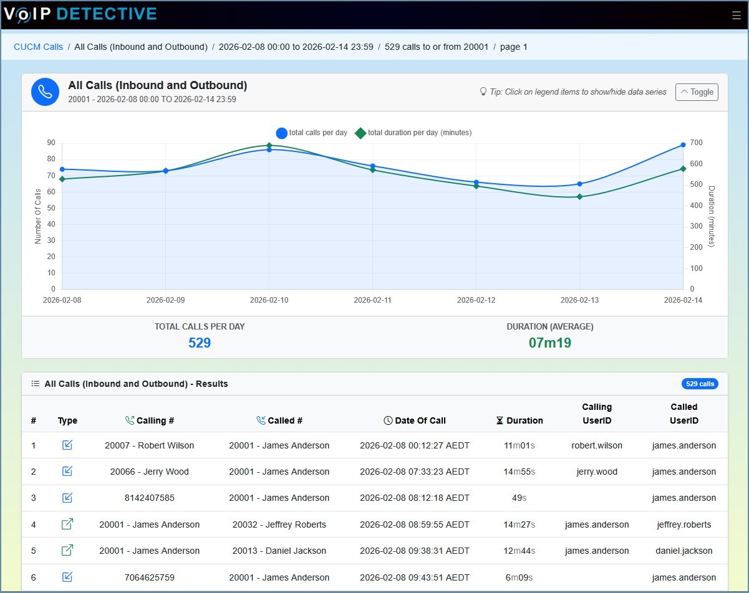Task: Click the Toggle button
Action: (x=697, y=92)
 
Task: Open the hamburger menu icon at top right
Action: (x=737, y=16)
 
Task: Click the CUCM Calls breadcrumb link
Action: (x=38, y=47)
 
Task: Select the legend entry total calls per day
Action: (x=312, y=133)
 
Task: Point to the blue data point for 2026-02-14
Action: (x=683, y=145)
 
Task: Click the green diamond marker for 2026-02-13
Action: (x=579, y=197)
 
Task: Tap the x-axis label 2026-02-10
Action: (x=269, y=300)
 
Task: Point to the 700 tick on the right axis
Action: (x=695, y=143)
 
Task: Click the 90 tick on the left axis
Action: (x=51, y=143)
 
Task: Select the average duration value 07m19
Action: (x=549, y=343)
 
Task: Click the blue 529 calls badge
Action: (x=700, y=384)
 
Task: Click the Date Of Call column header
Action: (x=415, y=420)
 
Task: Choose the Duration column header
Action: (x=519, y=420)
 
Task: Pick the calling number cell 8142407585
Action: (x=149, y=498)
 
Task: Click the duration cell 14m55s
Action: (x=519, y=472)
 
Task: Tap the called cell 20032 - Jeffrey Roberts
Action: (x=279, y=524)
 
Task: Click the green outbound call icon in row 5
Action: (x=67, y=551)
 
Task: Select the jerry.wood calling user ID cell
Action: (x=597, y=472)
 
